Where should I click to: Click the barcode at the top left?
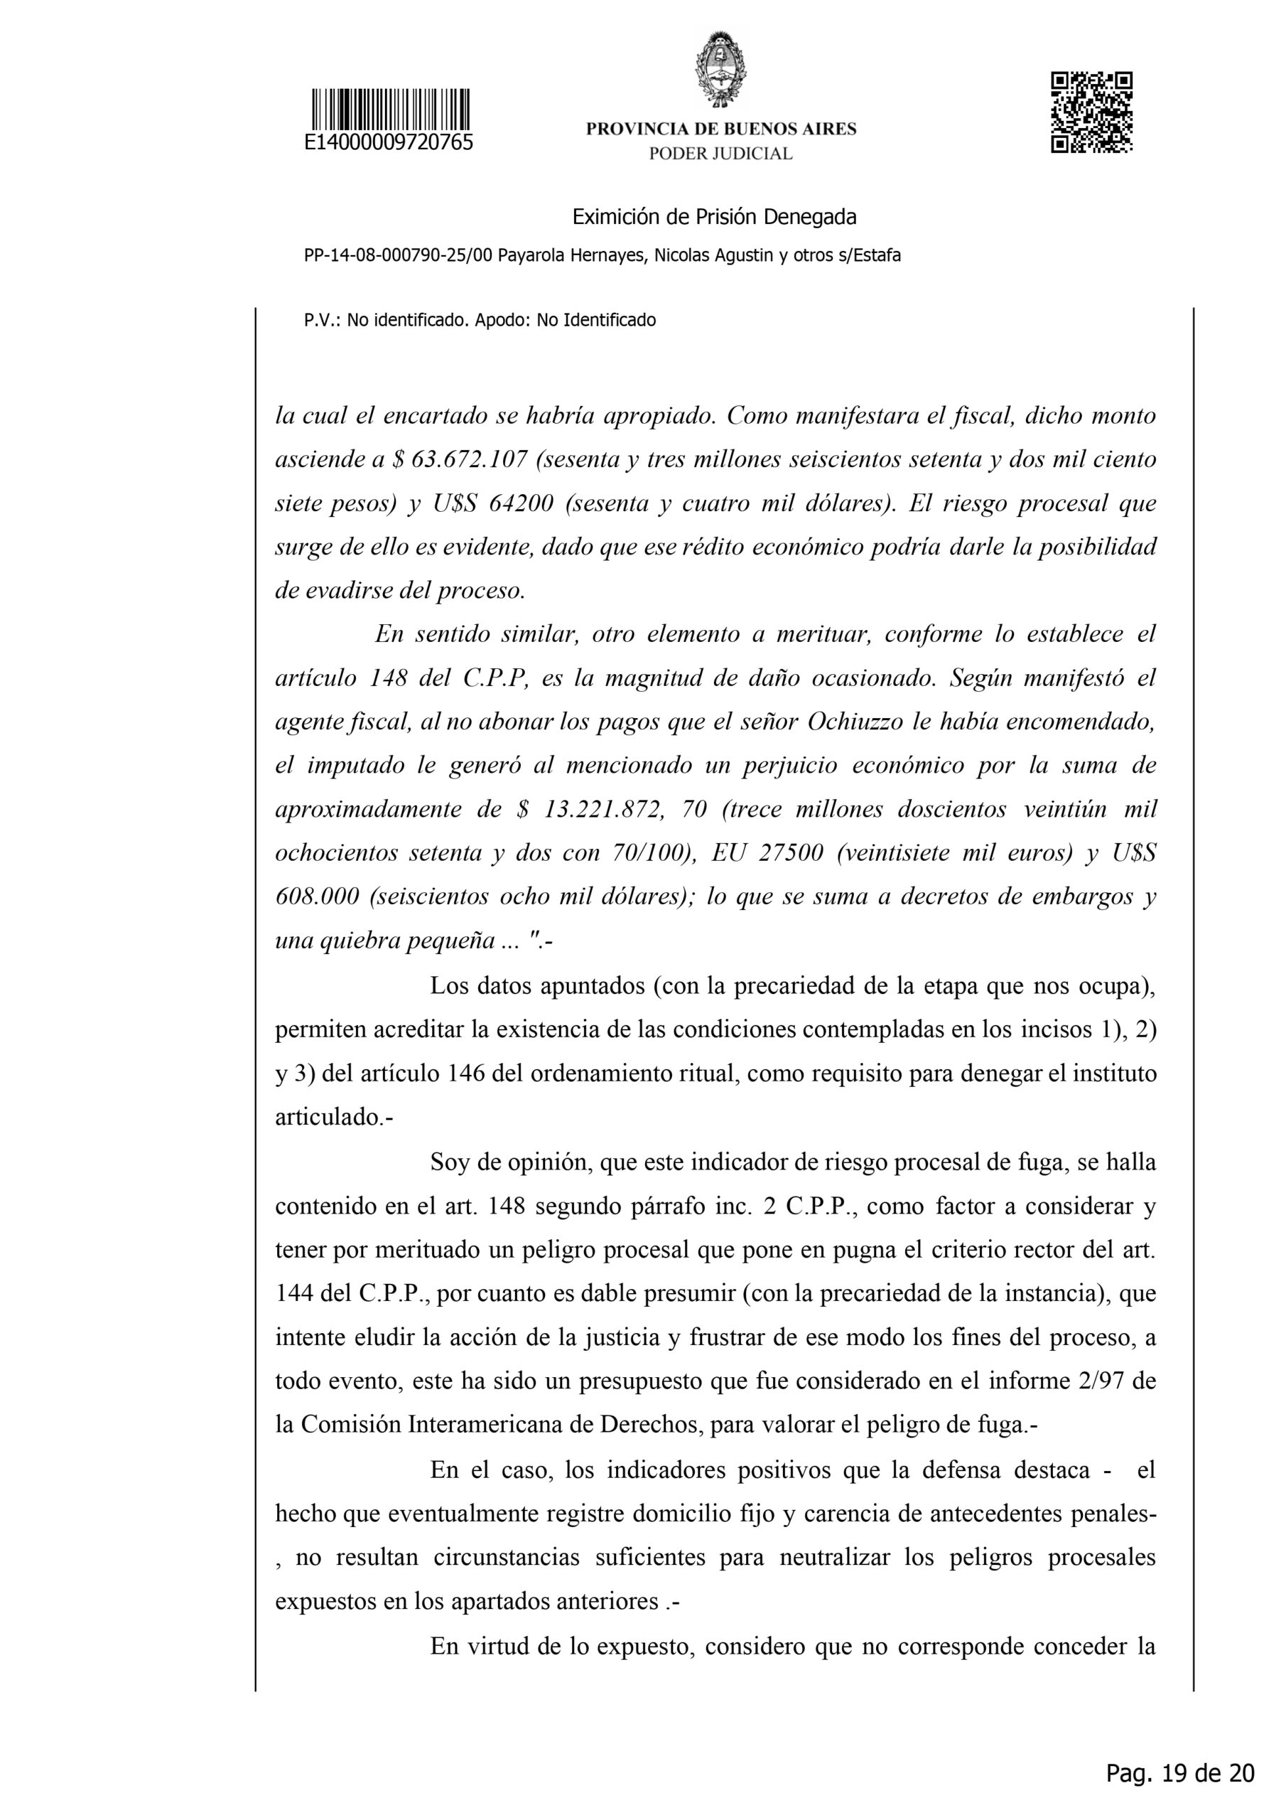pyautogui.click(x=390, y=109)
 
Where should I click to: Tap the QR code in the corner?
pyautogui.click(x=1091, y=112)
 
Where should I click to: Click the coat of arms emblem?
pyautogui.click(x=720, y=68)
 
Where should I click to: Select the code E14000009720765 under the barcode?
pyautogui.click(x=389, y=143)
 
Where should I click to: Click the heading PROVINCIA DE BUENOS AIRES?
pyautogui.click(x=721, y=129)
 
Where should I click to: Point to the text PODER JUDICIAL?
pyautogui.click(x=720, y=154)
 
